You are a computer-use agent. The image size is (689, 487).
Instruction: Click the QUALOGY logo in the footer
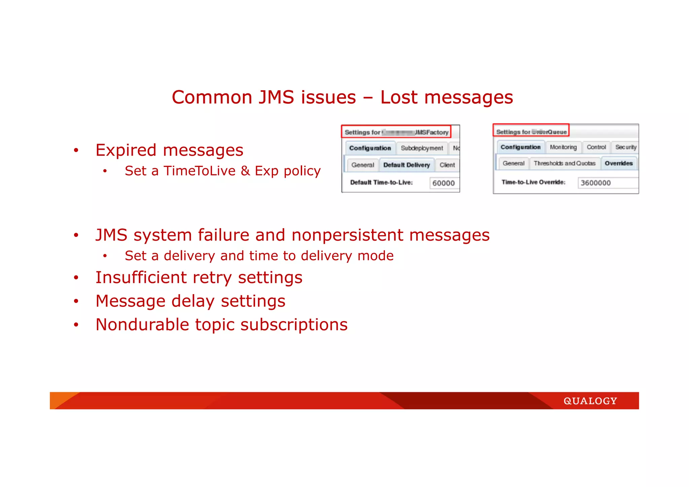[590, 401]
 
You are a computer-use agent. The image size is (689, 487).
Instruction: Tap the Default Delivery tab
[406, 165]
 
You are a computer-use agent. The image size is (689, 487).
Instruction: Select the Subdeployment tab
[422, 148]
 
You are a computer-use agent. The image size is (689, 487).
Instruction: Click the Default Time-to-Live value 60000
[443, 183]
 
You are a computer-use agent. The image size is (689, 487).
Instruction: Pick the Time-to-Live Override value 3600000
[595, 183]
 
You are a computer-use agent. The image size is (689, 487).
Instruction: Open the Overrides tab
[618, 163]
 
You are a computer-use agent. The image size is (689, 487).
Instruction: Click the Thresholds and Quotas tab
[564, 163]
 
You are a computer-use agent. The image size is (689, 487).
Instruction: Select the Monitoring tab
[563, 147]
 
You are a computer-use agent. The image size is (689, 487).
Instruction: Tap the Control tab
[596, 147]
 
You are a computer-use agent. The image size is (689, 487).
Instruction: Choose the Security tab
[625, 147]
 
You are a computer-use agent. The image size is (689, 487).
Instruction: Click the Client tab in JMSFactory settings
[447, 165]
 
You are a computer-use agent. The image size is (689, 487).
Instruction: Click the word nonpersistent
[347, 235]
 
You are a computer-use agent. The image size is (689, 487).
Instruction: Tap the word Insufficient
[141, 278]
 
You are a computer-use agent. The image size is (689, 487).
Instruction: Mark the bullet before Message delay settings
[76, 301]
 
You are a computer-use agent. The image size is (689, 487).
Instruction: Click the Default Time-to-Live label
[381, 182]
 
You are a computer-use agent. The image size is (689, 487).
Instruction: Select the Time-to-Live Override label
[533, 182]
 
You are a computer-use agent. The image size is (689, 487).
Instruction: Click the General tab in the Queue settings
[513, 163]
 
